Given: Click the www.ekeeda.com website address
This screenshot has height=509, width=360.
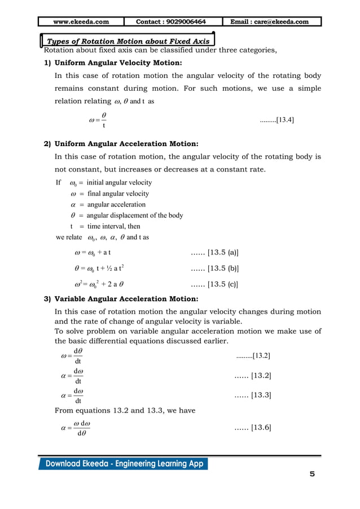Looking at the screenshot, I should point(81,21).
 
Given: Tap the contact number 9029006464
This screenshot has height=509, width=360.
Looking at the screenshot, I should point(171,21).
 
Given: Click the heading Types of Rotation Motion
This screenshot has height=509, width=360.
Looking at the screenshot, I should point(128,41).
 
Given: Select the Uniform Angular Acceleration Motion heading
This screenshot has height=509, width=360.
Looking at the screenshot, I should point(125,143).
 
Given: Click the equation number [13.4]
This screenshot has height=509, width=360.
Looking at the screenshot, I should point(276,120).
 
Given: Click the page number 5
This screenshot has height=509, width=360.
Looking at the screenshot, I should point(312,473).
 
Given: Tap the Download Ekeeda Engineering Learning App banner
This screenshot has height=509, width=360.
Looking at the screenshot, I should point(123,464).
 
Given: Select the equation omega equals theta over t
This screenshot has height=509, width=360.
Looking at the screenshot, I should point(98,120).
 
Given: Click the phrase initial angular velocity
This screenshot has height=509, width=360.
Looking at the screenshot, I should point(119,183).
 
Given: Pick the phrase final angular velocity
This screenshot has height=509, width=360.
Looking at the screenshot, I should point(118,194).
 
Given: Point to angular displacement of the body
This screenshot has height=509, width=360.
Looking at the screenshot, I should point(135,215).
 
